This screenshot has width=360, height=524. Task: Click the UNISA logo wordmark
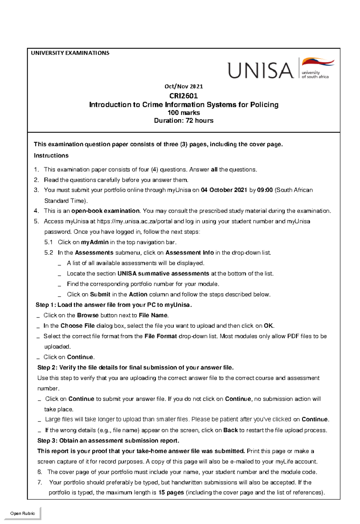click(x=260, y=70)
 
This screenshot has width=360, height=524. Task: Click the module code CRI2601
click(x=184, y=96)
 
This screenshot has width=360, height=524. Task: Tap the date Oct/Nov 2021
click(x=184, y=86)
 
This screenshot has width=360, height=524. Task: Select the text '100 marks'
click(x=184, y=113)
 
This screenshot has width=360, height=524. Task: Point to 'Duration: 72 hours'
click(x=184, y=121)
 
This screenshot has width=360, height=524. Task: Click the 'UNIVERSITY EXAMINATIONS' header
click(x=70, y=53)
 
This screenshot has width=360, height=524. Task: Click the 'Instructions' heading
click(x=51, y=155)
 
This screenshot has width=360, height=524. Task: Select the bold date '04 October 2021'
click(x=224, y=190)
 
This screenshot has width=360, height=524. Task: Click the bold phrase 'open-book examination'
click(x=106, y=211)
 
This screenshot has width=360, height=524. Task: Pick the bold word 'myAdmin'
click(x=95, y=242)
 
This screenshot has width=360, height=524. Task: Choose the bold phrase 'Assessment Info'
click(x=190, y=253)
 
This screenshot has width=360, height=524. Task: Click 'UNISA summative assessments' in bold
click(x=163, y=274)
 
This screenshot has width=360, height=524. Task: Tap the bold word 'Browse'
click(x=88, y=315)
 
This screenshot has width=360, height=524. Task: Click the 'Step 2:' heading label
click(x=47, y=367)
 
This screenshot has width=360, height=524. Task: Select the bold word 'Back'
click(x=230, y=430)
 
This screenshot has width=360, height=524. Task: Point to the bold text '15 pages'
click(x=171, y=493)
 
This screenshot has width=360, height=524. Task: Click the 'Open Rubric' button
click(x=22, y=513)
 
